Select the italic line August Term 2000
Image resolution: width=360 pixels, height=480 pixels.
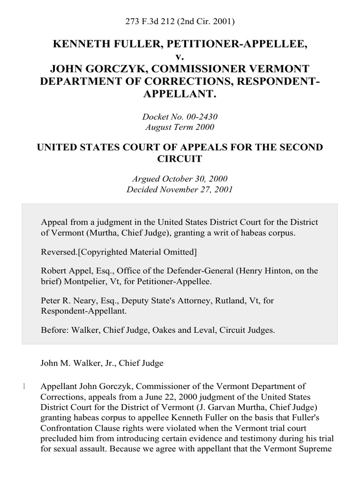coord(180,127)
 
